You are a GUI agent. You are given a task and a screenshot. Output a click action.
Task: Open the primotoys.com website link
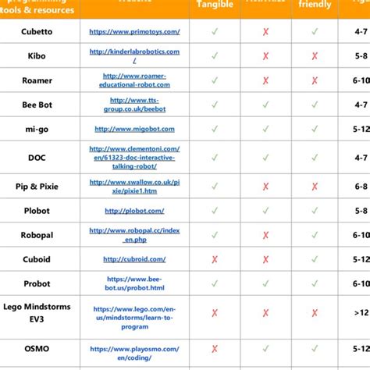click(x=134, y=32)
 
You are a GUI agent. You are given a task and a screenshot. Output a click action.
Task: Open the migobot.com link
click(x=134, y=129)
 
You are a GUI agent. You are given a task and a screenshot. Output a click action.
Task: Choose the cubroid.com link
click(x=134, y=259)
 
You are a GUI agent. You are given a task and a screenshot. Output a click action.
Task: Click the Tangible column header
click(x=214, y=5)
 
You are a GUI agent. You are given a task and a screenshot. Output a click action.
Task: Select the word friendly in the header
click(x=315, y=5)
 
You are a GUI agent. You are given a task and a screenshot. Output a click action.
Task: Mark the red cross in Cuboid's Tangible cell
click(x=214, y=259)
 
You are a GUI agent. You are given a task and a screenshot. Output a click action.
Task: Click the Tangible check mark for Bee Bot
click(x=214, y=105)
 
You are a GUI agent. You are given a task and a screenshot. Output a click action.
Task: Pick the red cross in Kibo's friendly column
click(x=315, y=56)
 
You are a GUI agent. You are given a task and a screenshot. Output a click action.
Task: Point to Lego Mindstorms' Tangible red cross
click(x=214, y=312)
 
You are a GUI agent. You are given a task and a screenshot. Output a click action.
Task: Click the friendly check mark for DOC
click(x=315, y=158)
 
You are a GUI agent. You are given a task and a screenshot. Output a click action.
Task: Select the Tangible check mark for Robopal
click(x=214, y=235)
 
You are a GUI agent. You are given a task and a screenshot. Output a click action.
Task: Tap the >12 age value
click(x=361, y=312)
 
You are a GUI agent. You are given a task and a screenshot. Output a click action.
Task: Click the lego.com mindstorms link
click(x=134, y=312)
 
